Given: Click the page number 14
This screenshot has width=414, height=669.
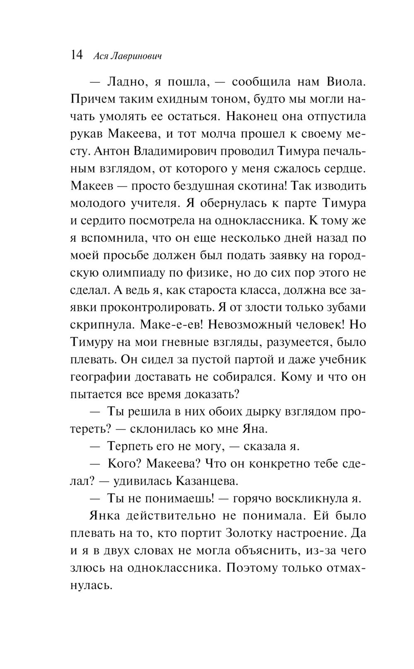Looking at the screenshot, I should pyautogui.click(x=77, y=55).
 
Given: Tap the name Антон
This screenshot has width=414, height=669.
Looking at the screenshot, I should pyautogui.click(x=113, y=151).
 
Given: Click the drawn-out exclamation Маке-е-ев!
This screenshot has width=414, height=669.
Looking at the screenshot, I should pyautogui.click(x=171, y=325).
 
